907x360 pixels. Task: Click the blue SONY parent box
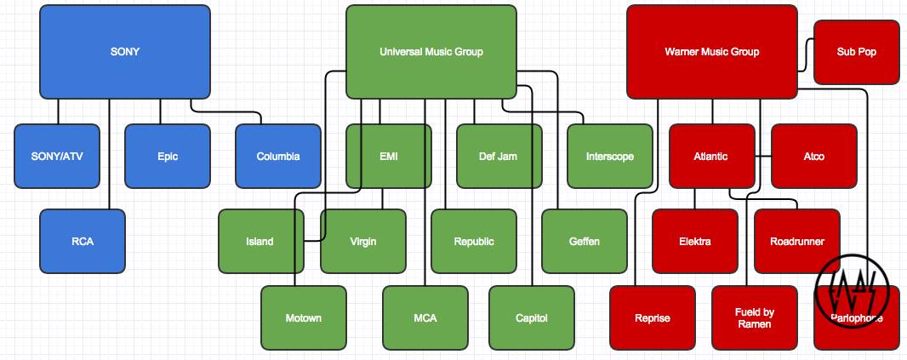(125, 52)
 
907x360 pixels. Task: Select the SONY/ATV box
(57, 156)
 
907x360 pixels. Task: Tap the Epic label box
(168, 156)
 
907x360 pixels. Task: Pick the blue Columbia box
(278, 156)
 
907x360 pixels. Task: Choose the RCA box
(83, 241)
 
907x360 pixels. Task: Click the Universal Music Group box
(431, 52)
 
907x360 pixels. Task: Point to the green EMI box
(389, 156)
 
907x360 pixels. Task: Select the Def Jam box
(499, 156)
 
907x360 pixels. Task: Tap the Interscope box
(609, 156)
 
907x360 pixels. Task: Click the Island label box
(260, 241)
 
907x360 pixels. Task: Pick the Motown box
(304, 317)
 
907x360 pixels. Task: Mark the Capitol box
(532, 317)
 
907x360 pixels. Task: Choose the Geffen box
(585, 241)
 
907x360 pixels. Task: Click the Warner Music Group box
(711, 52)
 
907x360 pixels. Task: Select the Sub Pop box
(856, 52)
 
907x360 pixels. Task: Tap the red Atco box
(814, 156)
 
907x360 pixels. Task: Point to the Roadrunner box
(797, 241)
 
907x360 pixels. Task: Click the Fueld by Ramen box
(754, 317)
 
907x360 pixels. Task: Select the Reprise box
(653, 317)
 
